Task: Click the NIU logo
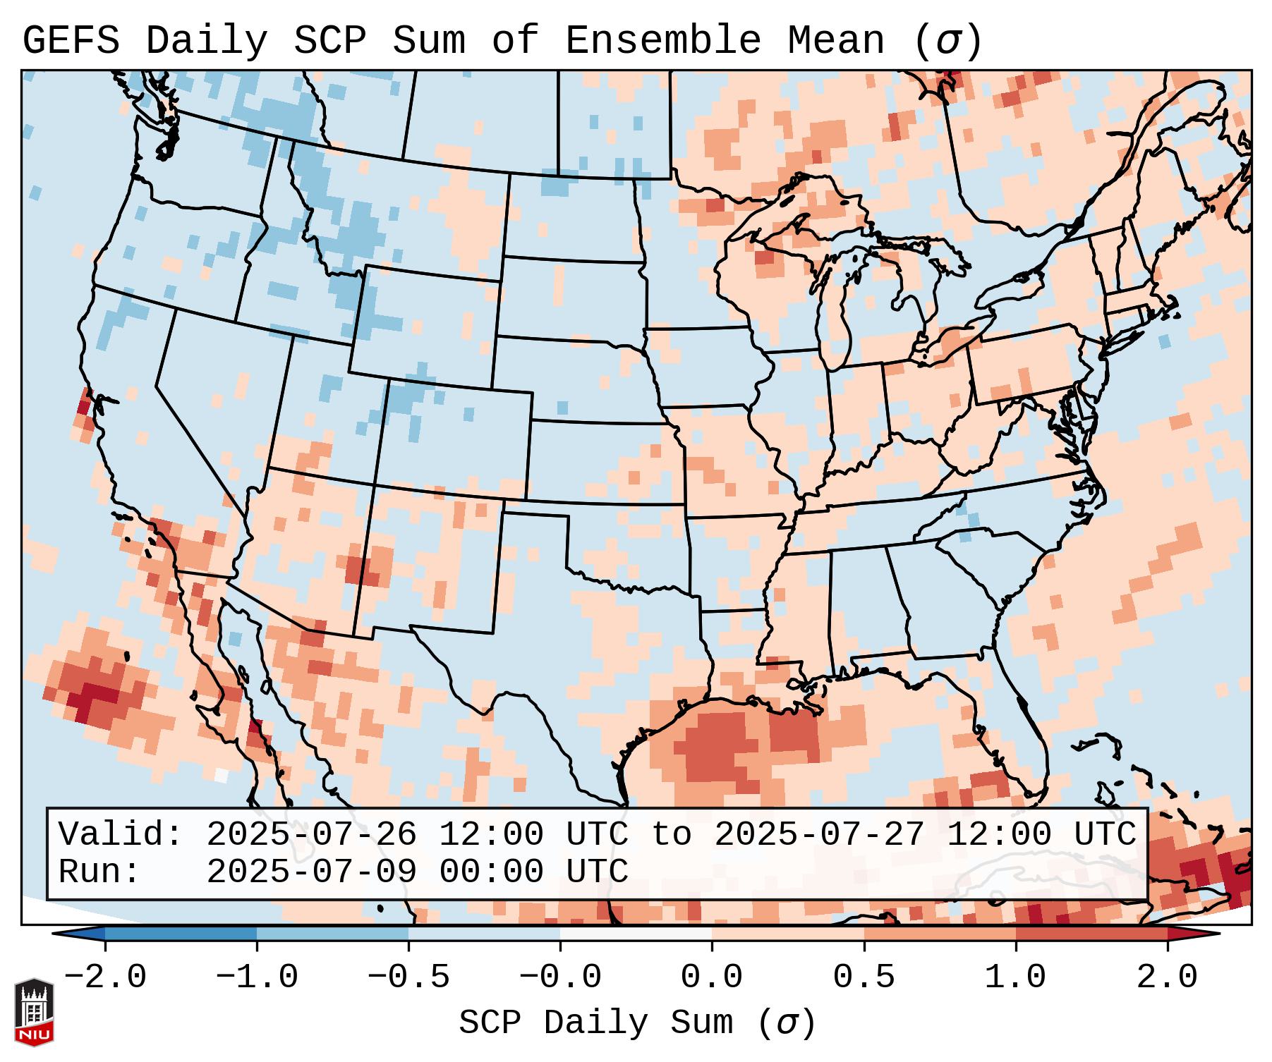(x=34, y=1012)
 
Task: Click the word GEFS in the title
(x=71, y=41)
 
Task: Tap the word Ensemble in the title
(x=662, y=41)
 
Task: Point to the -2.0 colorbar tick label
(x=105, y=977)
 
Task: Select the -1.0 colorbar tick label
(x=257, y=977)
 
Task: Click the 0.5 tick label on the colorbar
(x=864, y=977)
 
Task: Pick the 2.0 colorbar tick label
(x=1168, y=977)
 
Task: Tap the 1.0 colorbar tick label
(x=1015, y=977)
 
